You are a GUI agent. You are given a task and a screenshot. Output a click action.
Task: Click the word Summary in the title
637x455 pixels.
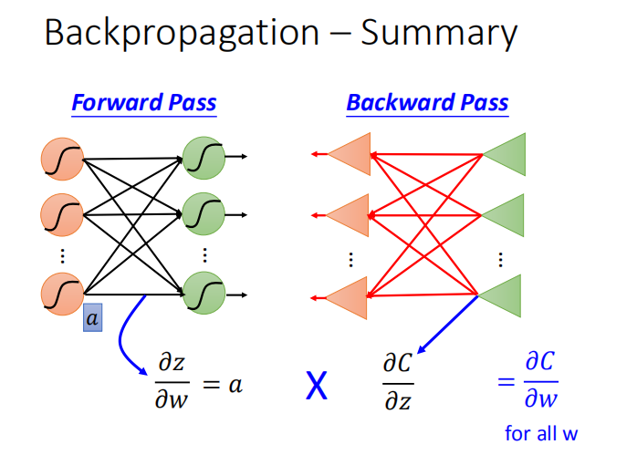(439, 34)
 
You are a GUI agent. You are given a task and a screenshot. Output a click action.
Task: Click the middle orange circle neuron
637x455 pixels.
(62, 216)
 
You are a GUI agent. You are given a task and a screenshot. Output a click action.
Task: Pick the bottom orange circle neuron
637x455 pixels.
(62, 293)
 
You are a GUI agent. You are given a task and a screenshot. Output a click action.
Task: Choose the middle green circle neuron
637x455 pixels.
(204, 215)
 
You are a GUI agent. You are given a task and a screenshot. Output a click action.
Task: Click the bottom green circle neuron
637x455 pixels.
(204, 294)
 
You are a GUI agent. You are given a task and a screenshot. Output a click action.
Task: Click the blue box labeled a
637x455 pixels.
(92, 318)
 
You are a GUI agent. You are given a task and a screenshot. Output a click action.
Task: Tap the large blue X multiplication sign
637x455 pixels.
(316, 388)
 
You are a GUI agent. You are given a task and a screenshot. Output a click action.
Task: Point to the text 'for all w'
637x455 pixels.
(541, 433)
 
